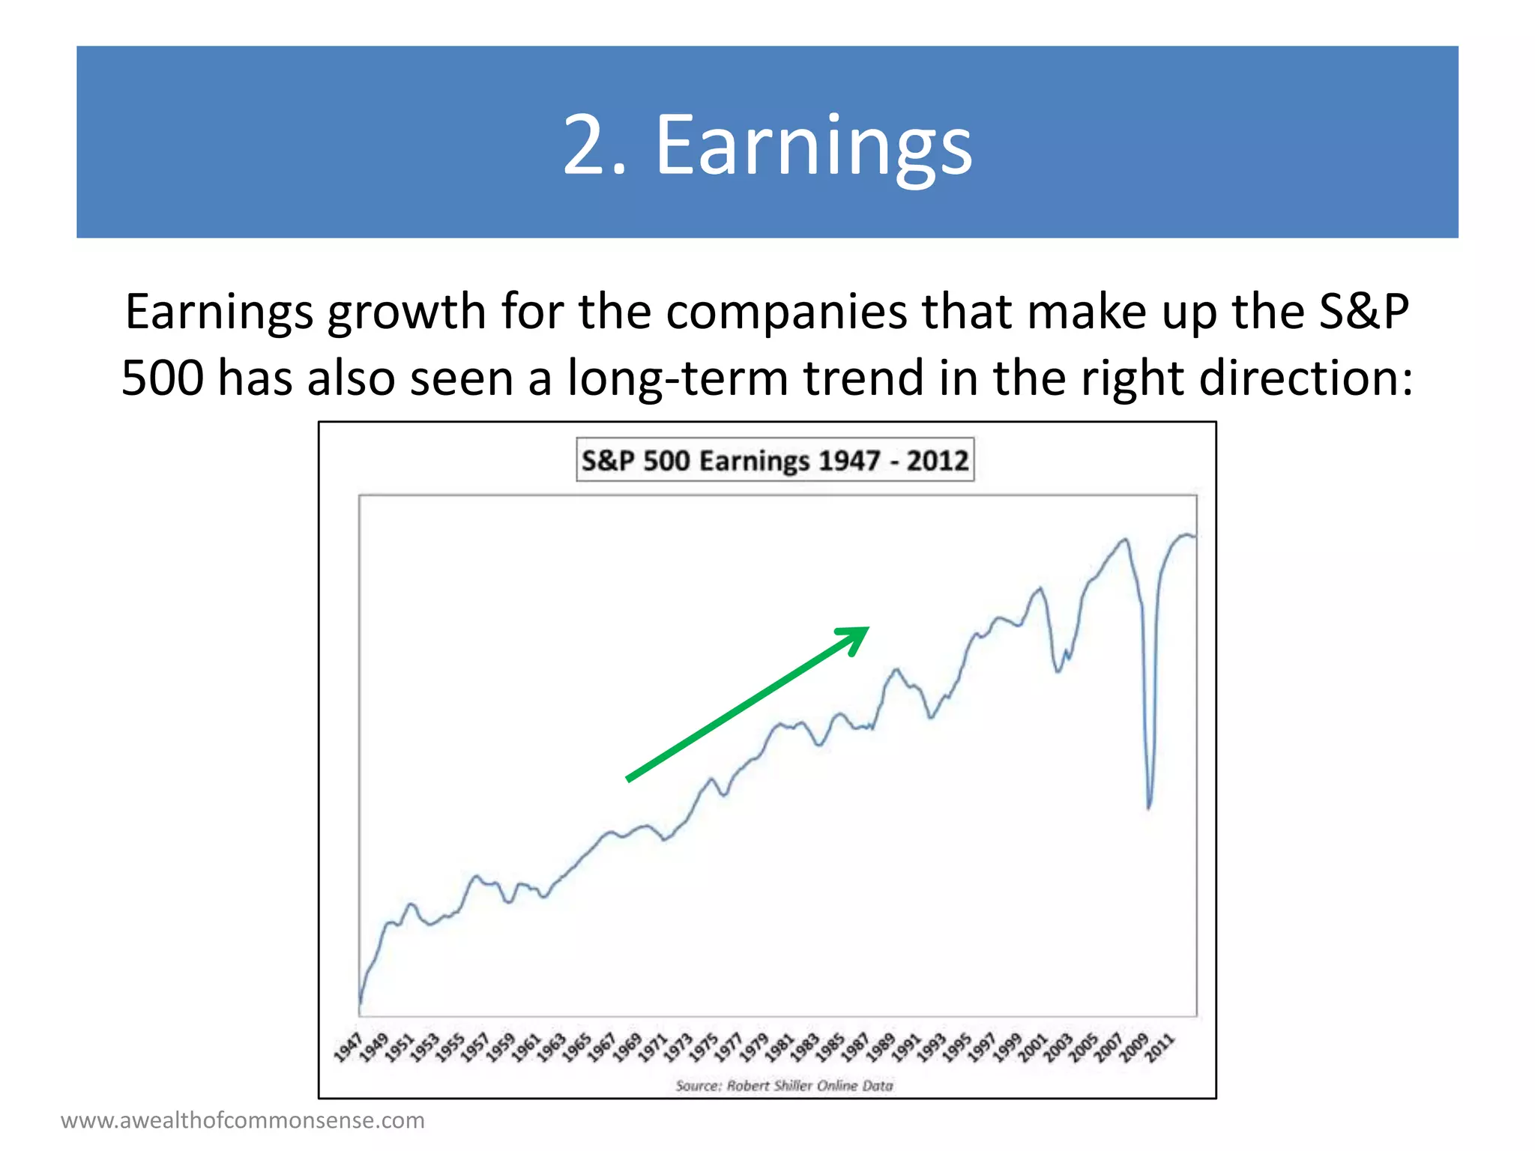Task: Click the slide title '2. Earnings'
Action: [767, 144]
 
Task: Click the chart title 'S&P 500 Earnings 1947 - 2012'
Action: [775, 459]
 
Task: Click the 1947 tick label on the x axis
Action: [348, 1047]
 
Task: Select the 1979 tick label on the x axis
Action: [754, 1047]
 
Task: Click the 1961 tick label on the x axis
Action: [525, 1047]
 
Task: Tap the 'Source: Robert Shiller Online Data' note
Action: [784, 1085]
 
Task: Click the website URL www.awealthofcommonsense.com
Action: [243, 1120]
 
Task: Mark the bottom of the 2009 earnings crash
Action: [1149, 808]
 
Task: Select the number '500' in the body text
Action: [162, 377]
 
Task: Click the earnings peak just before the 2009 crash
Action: [1125, 539]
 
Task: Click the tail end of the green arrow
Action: [628, 780]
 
